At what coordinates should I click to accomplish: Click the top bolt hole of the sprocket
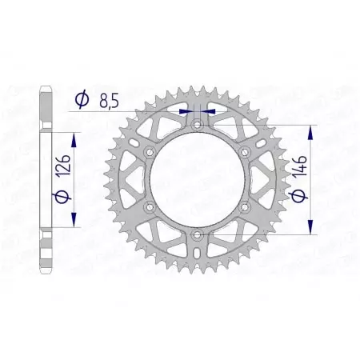pos(197,126)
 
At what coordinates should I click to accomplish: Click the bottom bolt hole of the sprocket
pos(197,234)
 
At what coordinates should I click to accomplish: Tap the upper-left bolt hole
pos(150,153)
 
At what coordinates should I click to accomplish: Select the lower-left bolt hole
pos(150,207)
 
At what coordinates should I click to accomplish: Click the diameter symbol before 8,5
pos(81,101)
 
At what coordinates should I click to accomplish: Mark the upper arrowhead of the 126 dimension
pos(74,138)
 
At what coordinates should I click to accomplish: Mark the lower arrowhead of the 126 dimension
pos(74,224)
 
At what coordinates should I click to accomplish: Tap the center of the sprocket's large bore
pos(197,180)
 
